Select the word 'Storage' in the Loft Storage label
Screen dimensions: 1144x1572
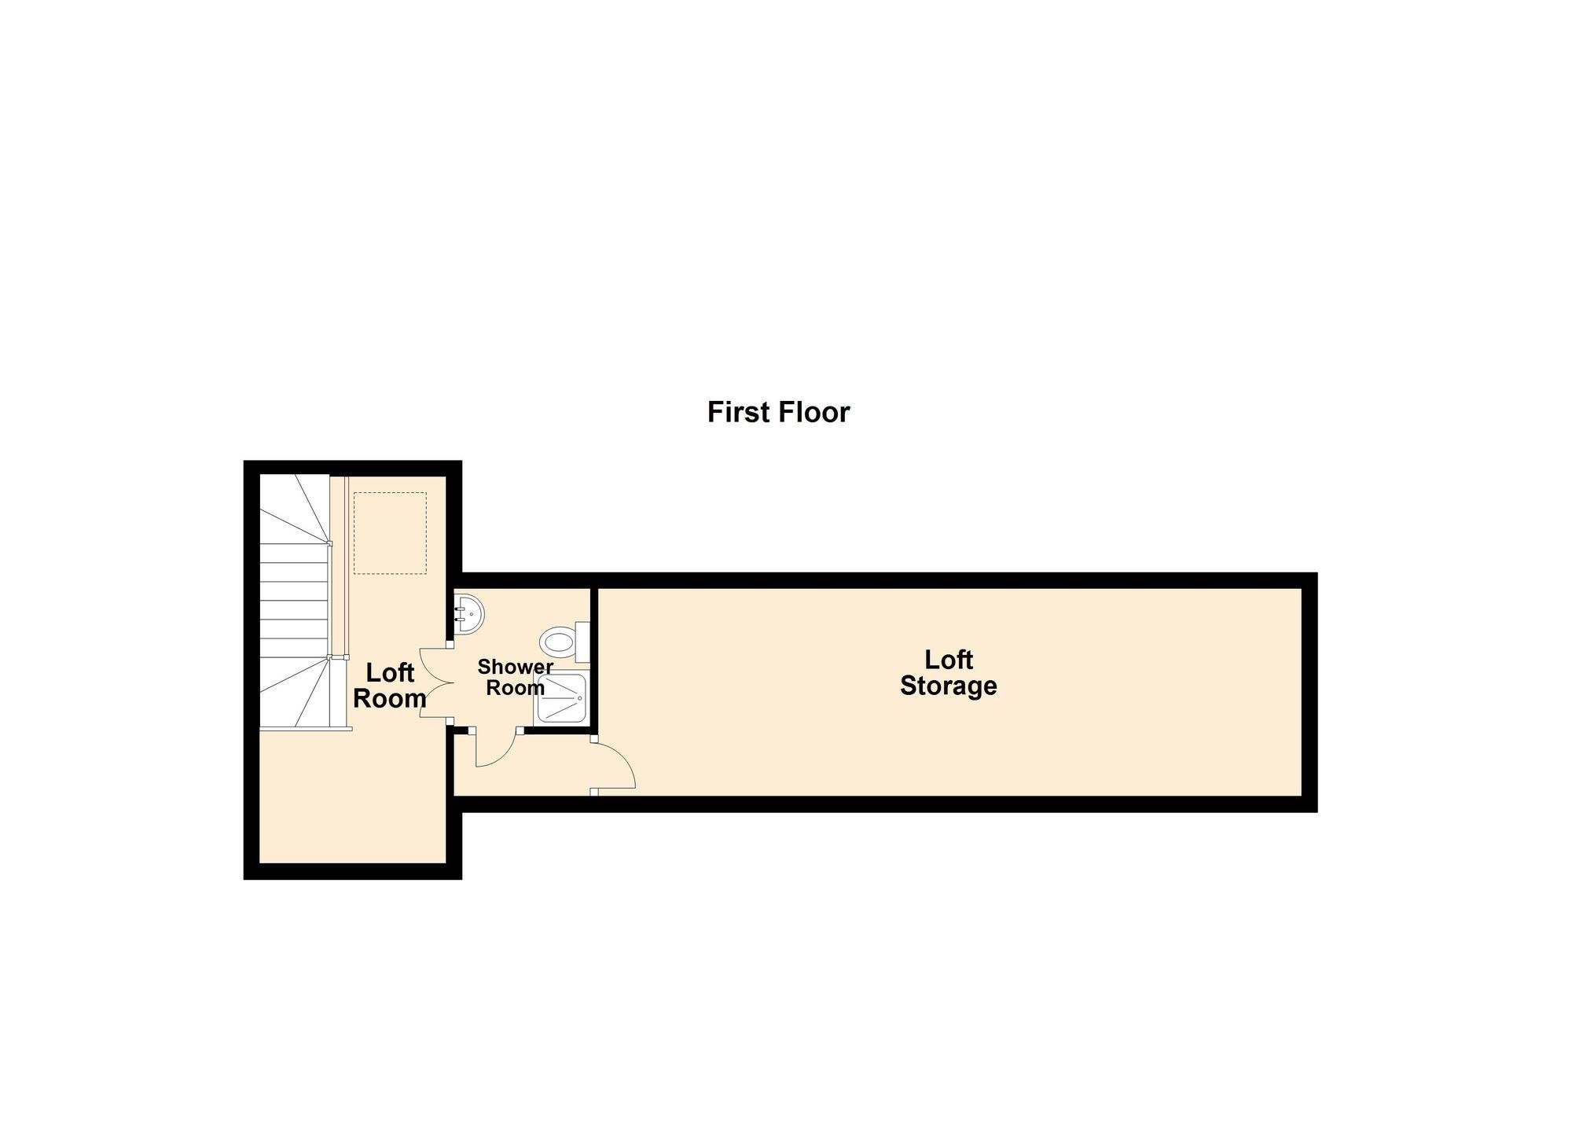(948, 686)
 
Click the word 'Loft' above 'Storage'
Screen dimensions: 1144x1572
(948, 659)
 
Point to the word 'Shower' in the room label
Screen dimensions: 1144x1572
(515, 667)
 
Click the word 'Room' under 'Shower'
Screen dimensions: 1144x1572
(515, 688)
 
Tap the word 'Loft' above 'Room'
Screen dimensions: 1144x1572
(390, 672)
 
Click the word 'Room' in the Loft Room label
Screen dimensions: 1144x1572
(389, 698)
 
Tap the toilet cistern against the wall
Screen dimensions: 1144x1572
(582, 642)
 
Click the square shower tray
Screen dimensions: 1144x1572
(561, 698)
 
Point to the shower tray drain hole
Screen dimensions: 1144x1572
(580, 697)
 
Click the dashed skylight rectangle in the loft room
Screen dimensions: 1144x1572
(390, 532)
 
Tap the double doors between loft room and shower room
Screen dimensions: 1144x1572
(435, 682)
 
